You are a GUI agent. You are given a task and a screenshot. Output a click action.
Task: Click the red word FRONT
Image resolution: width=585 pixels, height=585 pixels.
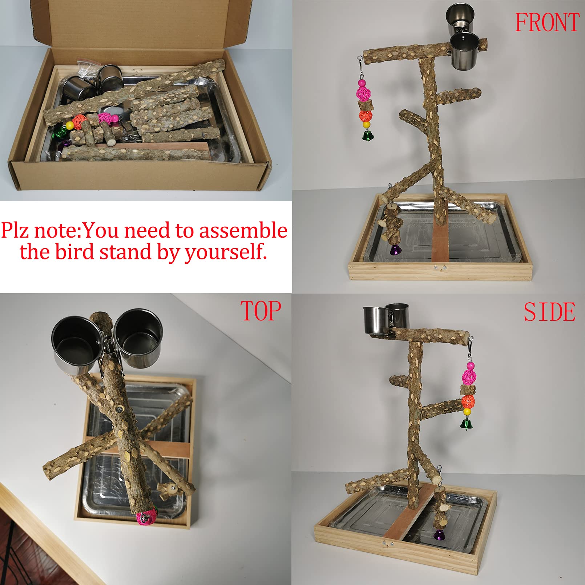(547, 23)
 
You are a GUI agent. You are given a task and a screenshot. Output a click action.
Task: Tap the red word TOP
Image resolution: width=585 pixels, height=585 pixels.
(261, 311)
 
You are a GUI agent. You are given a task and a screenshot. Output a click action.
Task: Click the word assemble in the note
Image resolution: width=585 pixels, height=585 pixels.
(243, 231)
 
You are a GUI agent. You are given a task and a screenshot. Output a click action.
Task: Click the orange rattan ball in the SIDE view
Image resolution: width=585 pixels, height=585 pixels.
(468, 402)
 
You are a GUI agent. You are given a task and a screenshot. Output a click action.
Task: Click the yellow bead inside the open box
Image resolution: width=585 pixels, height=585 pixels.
(69, 126)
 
